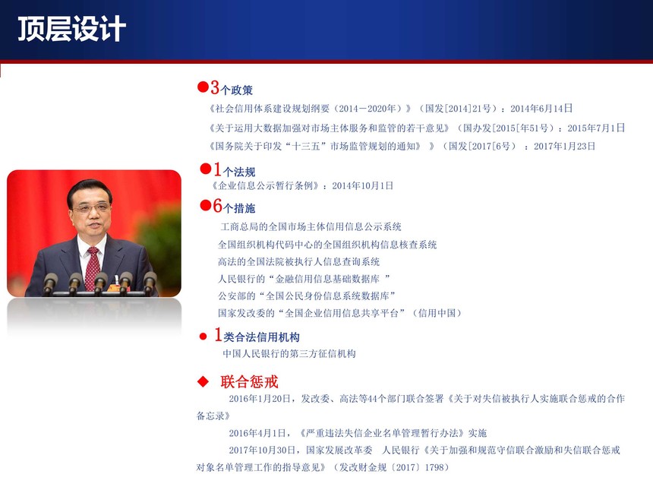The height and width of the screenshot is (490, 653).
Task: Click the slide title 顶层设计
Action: pyautogui.click(x=71, y=29)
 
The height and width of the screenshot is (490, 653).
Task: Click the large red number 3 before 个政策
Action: pyautogui.click(x=215, y=87)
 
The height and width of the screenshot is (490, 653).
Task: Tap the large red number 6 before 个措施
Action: pyautogui.click(x=218, y=206)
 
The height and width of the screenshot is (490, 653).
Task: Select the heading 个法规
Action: pyautogui.click(x=239, y=172)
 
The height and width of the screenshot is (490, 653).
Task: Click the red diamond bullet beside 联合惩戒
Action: pyautogui.click(x=203, y=381)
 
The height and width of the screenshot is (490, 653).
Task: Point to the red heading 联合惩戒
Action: pyautogui.click(x=249, y=381)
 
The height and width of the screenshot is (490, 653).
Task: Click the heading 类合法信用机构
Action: pyautogui.click(x=261, y=337)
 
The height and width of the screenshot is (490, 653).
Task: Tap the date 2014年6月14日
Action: pyautogui.click(x=541, y=109)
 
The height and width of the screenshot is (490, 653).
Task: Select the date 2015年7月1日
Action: pyautogui.click(x=596, y=128)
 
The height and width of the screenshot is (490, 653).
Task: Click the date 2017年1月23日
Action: pyautogui.click(x=564, y=147)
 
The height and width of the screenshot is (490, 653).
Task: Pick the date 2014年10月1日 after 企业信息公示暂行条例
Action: pyautogui.click(x=362, y=186)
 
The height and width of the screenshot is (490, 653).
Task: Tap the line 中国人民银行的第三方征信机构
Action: pyautogui.click(x=289, y=354)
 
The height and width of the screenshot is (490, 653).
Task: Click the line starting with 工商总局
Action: pyautogui.click(x=311, y=226)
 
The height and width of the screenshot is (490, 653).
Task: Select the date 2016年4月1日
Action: pyautogui.click(x=257, y=433)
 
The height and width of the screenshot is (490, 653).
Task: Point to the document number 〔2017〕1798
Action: pyautogui.click(x=419, y=467)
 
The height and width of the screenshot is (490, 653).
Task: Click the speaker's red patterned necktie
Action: pyautogui.click(x=93, y=268)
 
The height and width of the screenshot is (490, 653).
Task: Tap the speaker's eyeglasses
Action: pyautogui.click(x=92, y=207)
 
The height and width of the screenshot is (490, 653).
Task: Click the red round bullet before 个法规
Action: pyautogui.click(x=205, y=169)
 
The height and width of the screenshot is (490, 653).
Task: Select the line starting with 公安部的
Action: pyautogui.click(x=307, y=296)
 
